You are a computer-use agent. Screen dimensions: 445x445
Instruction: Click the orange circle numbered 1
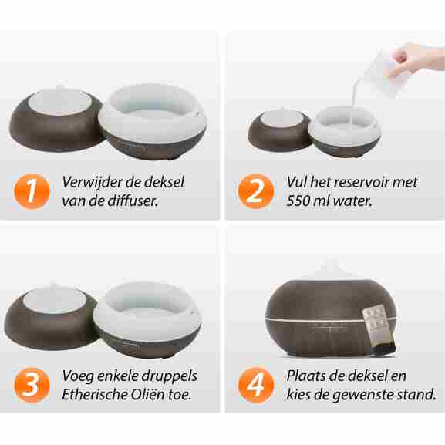32,191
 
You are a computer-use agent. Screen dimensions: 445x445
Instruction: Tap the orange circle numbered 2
256,191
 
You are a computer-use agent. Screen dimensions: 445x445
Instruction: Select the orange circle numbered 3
32,385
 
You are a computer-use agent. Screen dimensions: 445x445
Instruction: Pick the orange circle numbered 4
256,385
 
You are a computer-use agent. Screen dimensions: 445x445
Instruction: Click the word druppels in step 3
169,376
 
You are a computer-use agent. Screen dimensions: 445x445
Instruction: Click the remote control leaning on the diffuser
379,331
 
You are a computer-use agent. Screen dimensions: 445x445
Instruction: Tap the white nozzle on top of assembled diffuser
332,270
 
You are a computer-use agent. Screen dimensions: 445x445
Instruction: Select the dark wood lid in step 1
56,120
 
